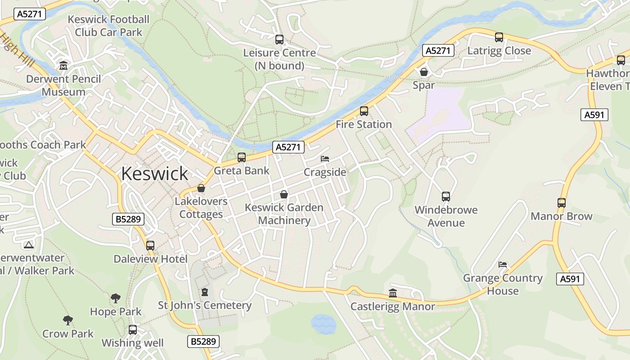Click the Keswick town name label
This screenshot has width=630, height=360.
[154, 174]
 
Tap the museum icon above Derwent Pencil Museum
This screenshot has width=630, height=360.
[63, 66]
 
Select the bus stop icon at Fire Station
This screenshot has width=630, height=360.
[364, 111]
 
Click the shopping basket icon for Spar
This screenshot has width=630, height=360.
[423, 72]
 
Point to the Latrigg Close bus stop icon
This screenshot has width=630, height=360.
[499, 37]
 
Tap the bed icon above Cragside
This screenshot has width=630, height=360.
[325, 159]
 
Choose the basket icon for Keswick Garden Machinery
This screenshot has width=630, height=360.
[284, 194]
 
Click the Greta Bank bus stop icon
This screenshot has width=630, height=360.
[242, 157]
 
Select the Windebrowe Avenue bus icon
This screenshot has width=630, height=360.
[445, 197]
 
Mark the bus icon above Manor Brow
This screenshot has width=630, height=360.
[561, 203]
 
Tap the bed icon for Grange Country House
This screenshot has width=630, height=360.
[503, 265]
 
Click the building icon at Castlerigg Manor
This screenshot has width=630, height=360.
[393, 293]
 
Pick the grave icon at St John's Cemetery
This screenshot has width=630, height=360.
[205, 292]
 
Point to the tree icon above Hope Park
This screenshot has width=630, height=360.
[116, 298]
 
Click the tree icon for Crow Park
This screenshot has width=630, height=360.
[68, 320]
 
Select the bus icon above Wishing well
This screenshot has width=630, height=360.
[132, 330]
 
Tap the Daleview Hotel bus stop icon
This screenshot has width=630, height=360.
[150, 246]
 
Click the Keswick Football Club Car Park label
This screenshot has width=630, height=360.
[108, 26]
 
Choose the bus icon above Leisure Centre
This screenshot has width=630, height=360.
[279, 40]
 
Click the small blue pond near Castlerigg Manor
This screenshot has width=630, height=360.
[323, 323]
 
